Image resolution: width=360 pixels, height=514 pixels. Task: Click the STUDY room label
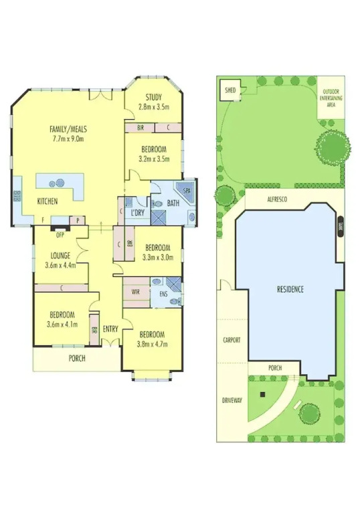153,97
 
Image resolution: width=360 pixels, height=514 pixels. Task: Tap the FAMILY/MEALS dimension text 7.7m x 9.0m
68,139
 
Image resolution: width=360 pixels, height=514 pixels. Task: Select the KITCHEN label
48,201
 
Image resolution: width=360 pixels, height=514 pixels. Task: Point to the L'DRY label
138,212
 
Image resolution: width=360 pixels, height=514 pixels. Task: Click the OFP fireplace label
60,235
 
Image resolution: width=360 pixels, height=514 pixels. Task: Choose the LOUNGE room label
60,256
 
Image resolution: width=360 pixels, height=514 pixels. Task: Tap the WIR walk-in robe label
136,292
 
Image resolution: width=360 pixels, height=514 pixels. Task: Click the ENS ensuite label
163,294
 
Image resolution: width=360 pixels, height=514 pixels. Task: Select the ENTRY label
110,329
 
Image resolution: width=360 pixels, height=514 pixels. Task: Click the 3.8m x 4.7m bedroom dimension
153,344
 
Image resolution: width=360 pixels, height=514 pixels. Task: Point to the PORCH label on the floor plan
77,358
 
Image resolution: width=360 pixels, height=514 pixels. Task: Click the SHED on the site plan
230,90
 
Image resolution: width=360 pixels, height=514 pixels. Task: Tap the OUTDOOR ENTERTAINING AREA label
331,98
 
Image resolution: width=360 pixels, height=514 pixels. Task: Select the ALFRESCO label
277,199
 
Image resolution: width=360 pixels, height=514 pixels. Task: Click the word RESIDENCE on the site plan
290,289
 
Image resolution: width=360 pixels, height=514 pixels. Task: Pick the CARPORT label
232,340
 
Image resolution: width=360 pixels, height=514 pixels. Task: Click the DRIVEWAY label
232,400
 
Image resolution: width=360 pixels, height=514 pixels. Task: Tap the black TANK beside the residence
341,227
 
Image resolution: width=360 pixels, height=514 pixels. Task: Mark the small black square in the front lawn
262,394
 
